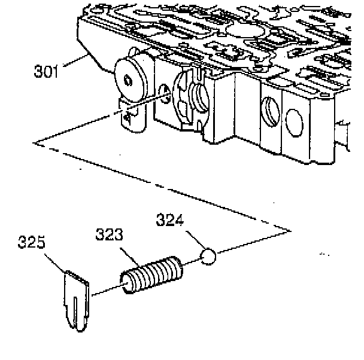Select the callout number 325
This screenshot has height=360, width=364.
(x=32, y=244)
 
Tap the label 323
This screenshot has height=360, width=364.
(x=109, y=235)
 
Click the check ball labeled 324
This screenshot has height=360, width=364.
(x=208, y=257)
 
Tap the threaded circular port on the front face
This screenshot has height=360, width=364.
(x=271, y=111)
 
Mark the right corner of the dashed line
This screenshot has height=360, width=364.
(x=290, y=230)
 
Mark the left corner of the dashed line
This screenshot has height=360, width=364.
(x=36, y=142)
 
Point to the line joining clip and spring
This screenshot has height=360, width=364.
(x=105, y=291)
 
